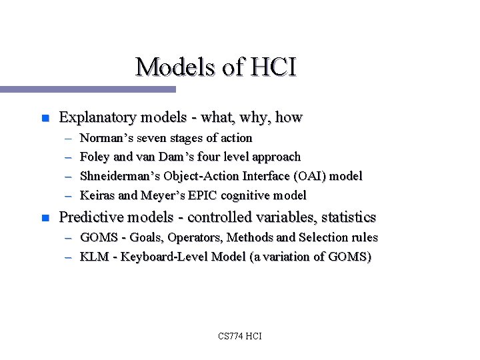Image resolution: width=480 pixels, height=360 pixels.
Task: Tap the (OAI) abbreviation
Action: point(307,176)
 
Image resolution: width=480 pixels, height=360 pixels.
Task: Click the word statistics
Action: point(344,217)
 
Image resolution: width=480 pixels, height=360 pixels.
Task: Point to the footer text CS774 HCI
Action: point(239,336)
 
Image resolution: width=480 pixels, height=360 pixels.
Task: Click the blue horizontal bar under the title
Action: point(87,89)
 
